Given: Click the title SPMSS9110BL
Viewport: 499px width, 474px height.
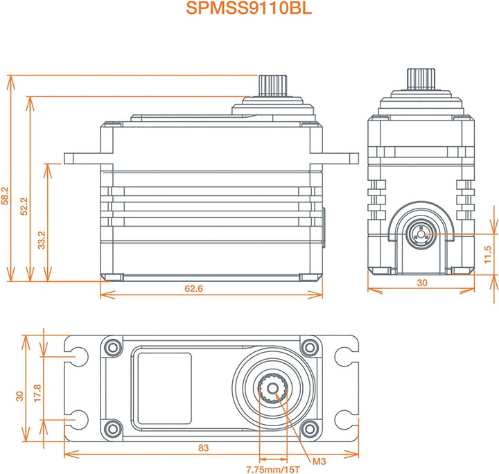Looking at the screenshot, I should (249, 9).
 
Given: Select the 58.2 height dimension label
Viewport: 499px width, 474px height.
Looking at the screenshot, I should (6, 194).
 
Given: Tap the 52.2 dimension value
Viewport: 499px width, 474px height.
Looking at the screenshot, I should (25, 204).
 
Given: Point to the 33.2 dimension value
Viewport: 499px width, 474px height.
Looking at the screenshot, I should (42, 238).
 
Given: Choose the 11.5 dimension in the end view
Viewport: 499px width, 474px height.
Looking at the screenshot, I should (489, 253).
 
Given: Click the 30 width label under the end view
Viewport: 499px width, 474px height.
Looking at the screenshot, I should (421, 284).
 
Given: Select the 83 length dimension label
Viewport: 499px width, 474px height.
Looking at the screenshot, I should (203, 448).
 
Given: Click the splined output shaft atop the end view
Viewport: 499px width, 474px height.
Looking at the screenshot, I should (421, 79).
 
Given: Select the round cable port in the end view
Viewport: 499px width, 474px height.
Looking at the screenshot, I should (420, 234).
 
